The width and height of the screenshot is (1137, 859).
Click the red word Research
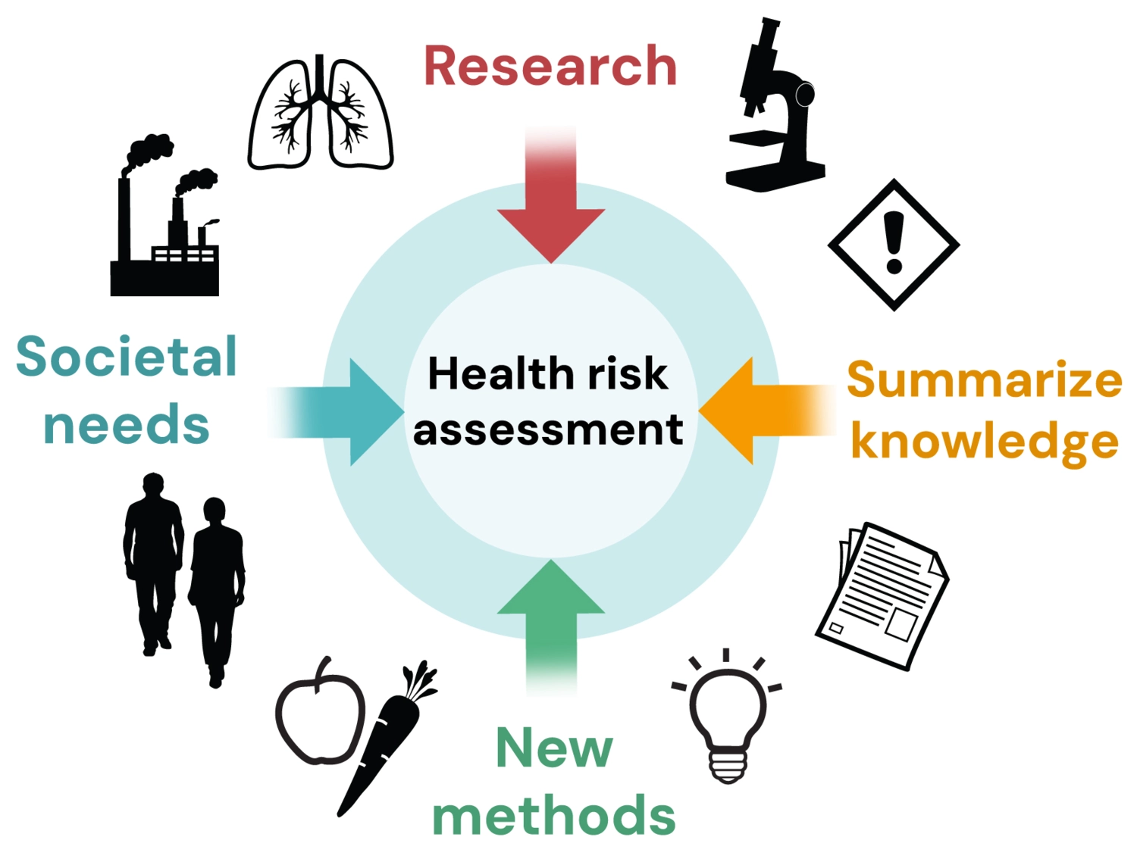coord(550,66)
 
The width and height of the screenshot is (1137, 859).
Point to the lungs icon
coord(321,114)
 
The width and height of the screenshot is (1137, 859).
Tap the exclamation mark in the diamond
coord(894,242)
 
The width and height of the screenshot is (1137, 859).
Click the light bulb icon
coord(728,716)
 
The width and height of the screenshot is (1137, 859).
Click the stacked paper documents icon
coord(883,595)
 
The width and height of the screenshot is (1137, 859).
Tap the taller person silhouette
coord(154,561)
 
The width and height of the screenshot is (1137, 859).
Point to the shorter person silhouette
coord(217,583)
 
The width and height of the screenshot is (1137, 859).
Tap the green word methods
coord(553,816)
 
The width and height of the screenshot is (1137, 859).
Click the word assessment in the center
coord(548,429)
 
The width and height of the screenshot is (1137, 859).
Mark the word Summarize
coord(984,380)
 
